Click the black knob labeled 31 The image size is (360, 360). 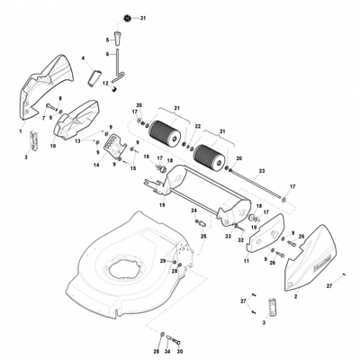[129, 18]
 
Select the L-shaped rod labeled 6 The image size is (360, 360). [117, 67]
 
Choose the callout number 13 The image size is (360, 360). [78, 141]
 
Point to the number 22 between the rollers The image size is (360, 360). [198, 126]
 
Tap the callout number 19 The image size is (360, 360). [161, 204]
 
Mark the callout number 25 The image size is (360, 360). [202, 236]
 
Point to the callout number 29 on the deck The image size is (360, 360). [163, 260]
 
